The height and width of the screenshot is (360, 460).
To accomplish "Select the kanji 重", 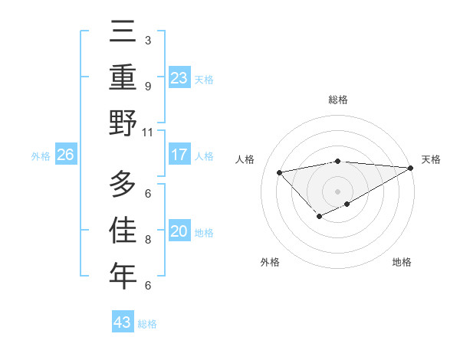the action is click(123, 78).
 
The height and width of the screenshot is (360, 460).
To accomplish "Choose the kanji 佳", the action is click(123, 230).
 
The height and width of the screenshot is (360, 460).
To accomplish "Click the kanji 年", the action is click(123, 276).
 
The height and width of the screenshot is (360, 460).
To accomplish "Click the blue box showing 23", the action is click(179, 78).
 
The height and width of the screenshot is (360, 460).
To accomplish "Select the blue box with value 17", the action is click(179, 155).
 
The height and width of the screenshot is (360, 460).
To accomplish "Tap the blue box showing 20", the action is click(179, 232).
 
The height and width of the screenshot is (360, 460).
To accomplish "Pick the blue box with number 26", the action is click(66, 155).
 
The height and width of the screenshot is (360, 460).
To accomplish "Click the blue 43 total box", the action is click(123, 322).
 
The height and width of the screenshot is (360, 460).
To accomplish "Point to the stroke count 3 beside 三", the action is click(147, 40).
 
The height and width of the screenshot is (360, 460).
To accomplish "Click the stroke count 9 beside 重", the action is click(147, 86).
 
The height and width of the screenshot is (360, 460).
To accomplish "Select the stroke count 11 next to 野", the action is click(147, 132).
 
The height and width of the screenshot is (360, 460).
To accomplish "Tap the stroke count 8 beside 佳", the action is click(147, 240).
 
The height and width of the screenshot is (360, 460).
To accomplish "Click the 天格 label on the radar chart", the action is click(431, 159).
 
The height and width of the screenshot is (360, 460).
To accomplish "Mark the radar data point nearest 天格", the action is click(411, 168).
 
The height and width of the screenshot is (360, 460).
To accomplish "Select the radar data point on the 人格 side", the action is click(279, 172).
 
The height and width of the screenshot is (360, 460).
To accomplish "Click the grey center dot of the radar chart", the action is click(337, 190).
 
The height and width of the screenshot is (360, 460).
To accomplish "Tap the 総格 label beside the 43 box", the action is click(147, 323).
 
